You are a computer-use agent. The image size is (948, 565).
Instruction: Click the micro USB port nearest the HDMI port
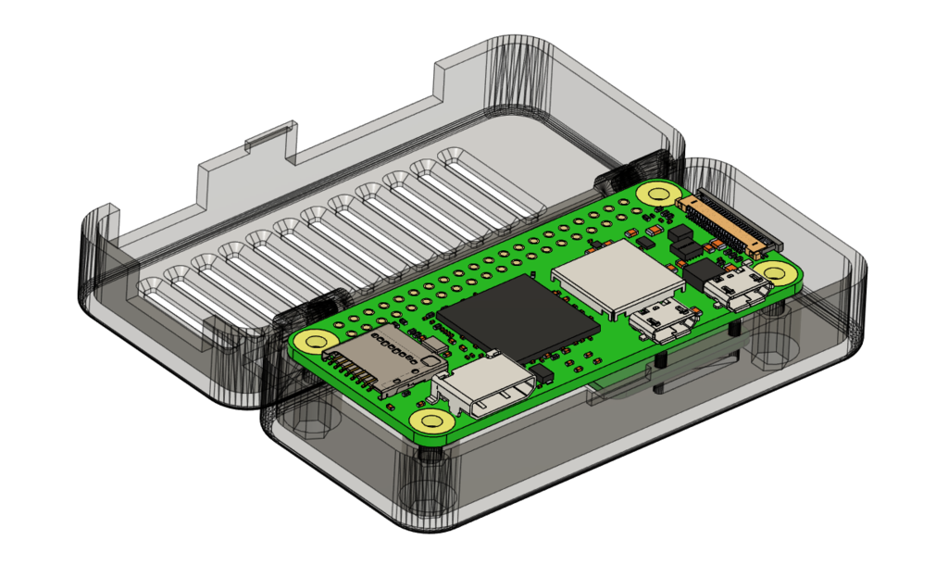pyautogui.click(x=663, y=320)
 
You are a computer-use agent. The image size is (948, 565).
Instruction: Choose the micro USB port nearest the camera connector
pyautogui.click(x=738, y=287)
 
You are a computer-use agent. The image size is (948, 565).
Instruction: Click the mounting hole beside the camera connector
pyautogui.click(x=659, y=193)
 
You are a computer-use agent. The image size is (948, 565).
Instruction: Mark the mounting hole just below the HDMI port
pyautogui.click(x=432, y=421)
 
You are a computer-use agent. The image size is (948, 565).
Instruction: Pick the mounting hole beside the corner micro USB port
pyautogui.click(x=772, y=272)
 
